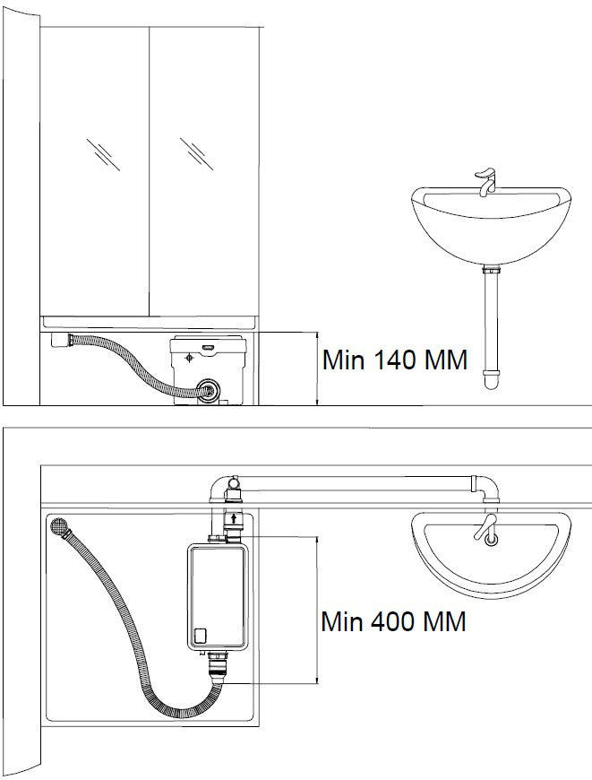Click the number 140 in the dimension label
[390, 360]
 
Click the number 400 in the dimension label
[390, 620]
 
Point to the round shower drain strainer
[60, 526]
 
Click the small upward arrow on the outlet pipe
[234, 518]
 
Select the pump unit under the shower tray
[206, 368]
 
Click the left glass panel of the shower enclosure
[94, 170]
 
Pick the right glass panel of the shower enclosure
[204, 170]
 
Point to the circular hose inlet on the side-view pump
[208, 390]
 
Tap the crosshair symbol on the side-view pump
[188, 358]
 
